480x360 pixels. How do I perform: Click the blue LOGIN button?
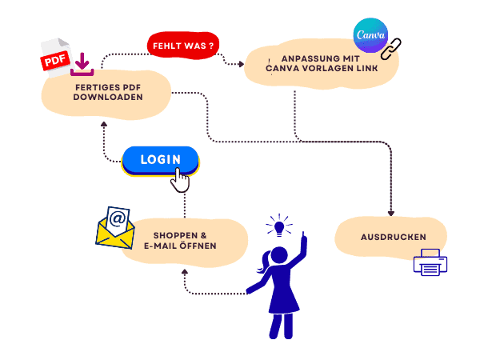tap(159, 159)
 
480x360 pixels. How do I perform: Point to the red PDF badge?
tap(54, 62)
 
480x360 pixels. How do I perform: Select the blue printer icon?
tap(430, 262)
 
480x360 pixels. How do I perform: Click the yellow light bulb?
tap(279, 226)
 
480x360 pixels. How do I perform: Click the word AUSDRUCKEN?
tap(392, 237)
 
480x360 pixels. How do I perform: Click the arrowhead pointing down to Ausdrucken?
tap(391, 213)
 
